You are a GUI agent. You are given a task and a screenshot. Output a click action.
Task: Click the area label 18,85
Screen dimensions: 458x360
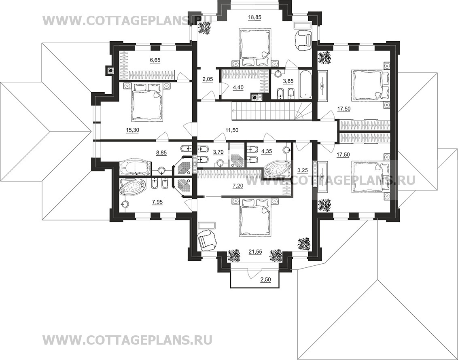coord(254,17)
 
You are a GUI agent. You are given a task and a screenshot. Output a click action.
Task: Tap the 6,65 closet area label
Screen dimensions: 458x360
coord(155,60)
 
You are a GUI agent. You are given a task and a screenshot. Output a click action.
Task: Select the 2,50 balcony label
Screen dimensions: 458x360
coord(265,280)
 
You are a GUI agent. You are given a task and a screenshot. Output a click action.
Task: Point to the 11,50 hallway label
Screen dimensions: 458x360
coord(232,130)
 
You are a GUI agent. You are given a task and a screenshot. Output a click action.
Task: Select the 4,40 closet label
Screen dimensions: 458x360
coord(237,87)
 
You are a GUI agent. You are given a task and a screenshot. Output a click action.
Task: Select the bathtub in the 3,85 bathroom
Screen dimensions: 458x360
coord(305,84)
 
